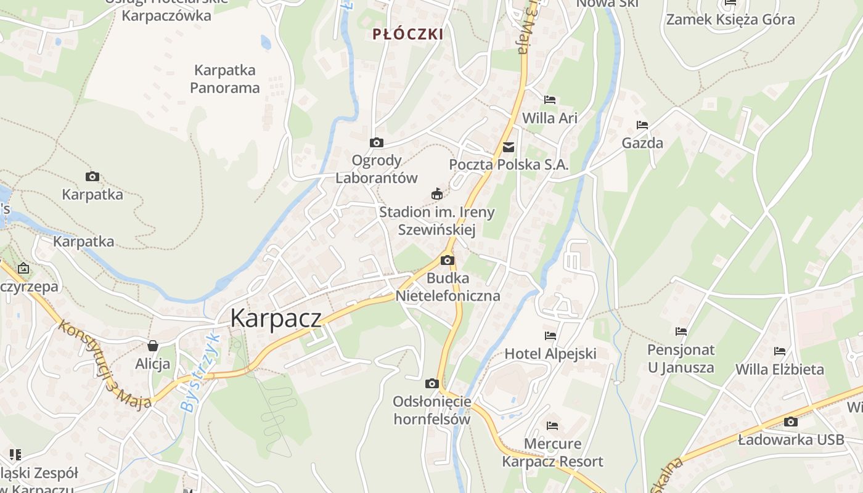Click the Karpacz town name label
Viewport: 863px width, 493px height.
[276, 318]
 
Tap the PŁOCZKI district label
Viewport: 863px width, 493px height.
[408, 35]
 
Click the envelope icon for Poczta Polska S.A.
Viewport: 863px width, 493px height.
[509, 147]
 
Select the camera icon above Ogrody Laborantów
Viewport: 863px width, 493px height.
[376, 143]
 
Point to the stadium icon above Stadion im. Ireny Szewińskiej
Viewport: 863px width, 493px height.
[437, 194]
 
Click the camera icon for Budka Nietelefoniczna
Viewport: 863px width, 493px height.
[448, 260]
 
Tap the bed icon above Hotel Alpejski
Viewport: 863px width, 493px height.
[550, 336]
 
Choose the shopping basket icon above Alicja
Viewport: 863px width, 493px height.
[153, 346]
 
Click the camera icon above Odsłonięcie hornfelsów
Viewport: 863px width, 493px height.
[431, 383]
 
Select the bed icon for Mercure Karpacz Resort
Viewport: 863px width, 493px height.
[552, 426]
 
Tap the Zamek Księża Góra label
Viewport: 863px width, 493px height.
[730, 20]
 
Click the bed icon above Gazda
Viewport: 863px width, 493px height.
[642, 125]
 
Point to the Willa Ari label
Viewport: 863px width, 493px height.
[550, 118]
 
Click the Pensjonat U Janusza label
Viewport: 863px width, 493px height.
[681, 359]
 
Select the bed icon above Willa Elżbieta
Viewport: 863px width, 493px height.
[780, 351]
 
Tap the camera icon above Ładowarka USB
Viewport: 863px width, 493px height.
[790, 422]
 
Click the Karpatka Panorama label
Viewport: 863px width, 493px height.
[224, 79]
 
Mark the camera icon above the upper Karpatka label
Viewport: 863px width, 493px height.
[92, 177]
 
